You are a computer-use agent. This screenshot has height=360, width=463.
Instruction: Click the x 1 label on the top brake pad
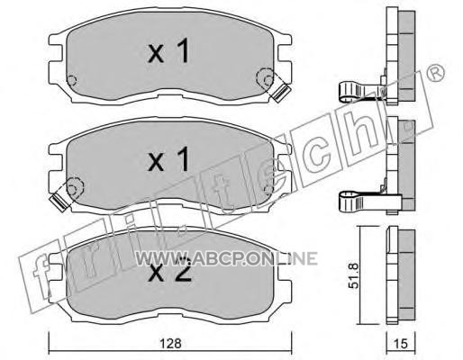pyautogui.click(x=168, y=51)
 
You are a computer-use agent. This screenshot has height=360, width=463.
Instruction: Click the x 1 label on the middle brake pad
pyautogui.click(x=168, y=159)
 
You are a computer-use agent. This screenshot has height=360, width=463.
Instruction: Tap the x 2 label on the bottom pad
pyautogui.click(x=169, y=272)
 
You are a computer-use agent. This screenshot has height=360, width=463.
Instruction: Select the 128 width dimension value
pyautogui.click(x=170, y=344)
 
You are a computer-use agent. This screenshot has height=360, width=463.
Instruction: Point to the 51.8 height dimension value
pyautogui.click(x=354, y=275)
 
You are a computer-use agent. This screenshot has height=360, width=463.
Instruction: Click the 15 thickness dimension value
pyautogui.click(x=401, y=344)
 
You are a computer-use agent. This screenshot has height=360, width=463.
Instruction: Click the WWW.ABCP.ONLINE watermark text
pyautogui.click(x=227, y=258)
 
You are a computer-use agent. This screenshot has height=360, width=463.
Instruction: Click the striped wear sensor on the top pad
pyautogui.click(x=280, y=93)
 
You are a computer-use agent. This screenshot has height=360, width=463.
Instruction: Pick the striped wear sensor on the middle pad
pyautogui.click(x=59, y=202)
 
